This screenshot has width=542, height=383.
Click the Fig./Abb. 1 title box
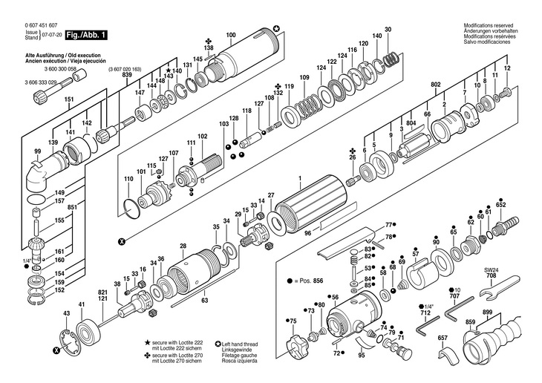(x=86, y=35)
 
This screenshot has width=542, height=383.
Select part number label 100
(x=231, y=35)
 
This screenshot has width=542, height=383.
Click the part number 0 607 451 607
(x=42, y=25)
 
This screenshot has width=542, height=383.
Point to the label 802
(x=436, y=84)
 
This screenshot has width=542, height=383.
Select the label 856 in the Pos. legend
(x=318, y=281)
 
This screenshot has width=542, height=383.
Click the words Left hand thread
(x=240, y=344)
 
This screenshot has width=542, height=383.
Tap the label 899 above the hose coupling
(x=487, y=312)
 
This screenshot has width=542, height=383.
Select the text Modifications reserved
(x=489, y=25)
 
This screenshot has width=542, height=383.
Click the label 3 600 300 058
(x=60, y=69)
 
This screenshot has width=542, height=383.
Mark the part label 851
(x=72, y=207)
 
